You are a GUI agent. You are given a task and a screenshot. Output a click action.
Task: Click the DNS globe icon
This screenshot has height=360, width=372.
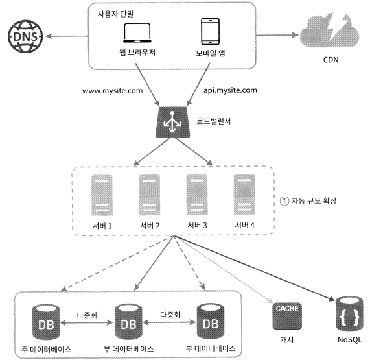coord(25,36)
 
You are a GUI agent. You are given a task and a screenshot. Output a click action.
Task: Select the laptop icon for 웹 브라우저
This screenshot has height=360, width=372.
coord(137,33)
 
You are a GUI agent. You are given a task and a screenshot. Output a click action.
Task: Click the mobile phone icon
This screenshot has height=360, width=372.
coord(210,31)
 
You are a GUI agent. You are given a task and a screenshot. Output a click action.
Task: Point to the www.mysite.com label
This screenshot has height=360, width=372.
coord(113,91)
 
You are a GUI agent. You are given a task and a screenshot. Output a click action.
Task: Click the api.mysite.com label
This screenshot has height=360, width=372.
coord(230,90)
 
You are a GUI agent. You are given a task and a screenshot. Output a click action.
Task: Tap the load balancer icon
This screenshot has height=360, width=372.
coord(172,122)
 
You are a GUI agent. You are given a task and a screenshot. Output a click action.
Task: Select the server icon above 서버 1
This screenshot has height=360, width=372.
coord(102,195)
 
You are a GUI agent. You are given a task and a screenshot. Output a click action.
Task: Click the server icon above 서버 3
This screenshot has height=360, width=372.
coord(197,195)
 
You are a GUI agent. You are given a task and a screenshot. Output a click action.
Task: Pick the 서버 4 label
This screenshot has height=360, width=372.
coord(244,225)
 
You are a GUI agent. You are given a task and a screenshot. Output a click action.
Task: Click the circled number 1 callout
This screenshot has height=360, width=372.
coord(285,201)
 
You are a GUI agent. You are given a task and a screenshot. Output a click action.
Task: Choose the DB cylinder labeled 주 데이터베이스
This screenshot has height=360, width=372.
coord(46,322)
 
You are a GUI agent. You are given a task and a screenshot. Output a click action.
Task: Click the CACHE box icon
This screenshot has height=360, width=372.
coord(287,316)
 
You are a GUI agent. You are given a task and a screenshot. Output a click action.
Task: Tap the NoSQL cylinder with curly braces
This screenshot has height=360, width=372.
coord(349,314)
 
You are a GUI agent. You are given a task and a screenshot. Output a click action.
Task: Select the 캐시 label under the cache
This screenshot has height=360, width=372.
coord(287,340)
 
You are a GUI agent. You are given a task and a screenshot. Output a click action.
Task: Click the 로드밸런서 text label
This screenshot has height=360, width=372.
coord(213,121)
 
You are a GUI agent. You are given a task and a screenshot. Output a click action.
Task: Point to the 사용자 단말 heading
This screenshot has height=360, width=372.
coord(115,14)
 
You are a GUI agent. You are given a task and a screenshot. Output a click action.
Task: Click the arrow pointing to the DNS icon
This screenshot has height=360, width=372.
coord(67,36)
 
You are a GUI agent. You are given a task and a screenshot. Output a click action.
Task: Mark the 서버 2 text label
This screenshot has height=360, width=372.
coord(150,225)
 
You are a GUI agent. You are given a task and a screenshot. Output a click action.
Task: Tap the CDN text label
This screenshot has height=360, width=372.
coord(331,60)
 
